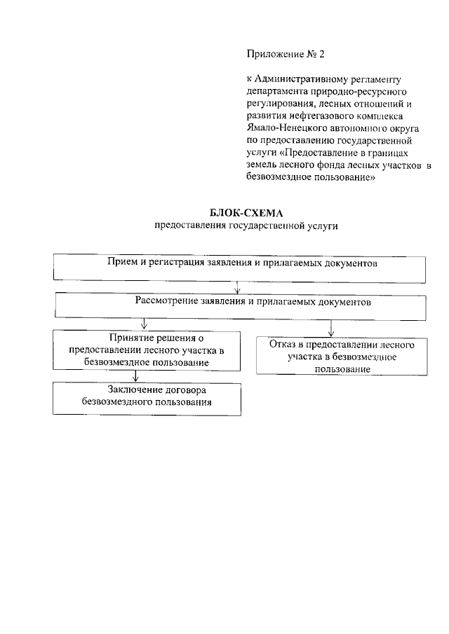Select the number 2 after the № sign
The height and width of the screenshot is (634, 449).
[x=322, y=54]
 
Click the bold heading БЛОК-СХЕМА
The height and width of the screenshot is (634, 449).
[x=240, y=214]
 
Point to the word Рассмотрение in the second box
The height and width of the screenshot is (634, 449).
[x=166, y=302]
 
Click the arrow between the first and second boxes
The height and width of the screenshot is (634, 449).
[x=238, y=287]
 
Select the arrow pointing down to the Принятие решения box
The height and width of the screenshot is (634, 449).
[x=144, y=324]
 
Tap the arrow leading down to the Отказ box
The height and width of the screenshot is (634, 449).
[x=330, y=328]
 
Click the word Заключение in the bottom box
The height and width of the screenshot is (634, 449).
[x=135, y=390]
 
